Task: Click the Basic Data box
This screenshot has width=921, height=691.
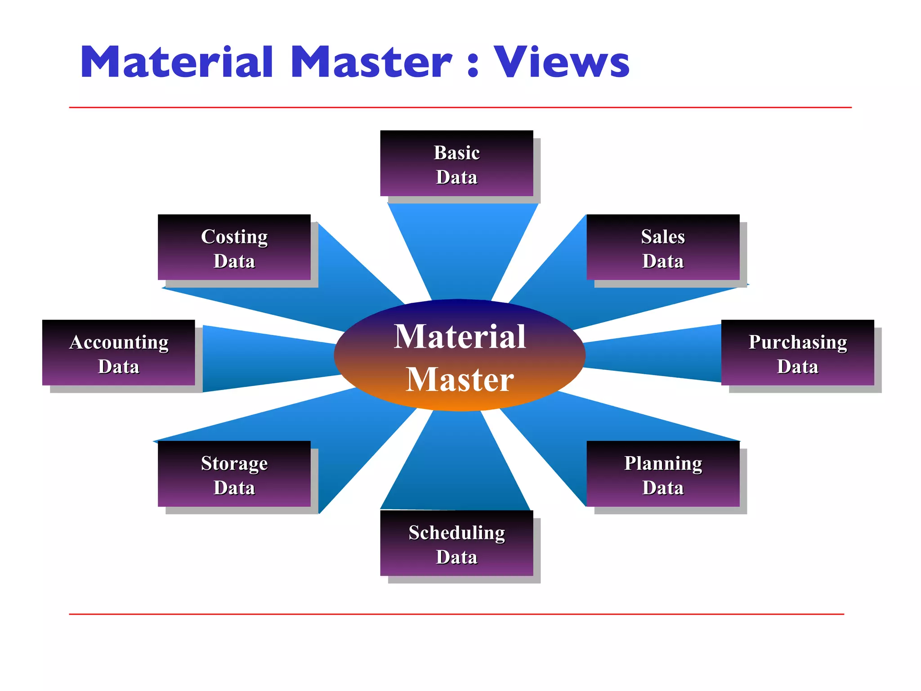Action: tap(456, 163)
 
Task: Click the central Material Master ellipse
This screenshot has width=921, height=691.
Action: tap(460, 355)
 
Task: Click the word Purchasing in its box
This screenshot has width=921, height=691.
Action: tap(797, 342)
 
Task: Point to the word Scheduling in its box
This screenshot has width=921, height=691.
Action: tap(456, 533)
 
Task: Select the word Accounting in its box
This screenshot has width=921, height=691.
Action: tap(119, 342)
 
